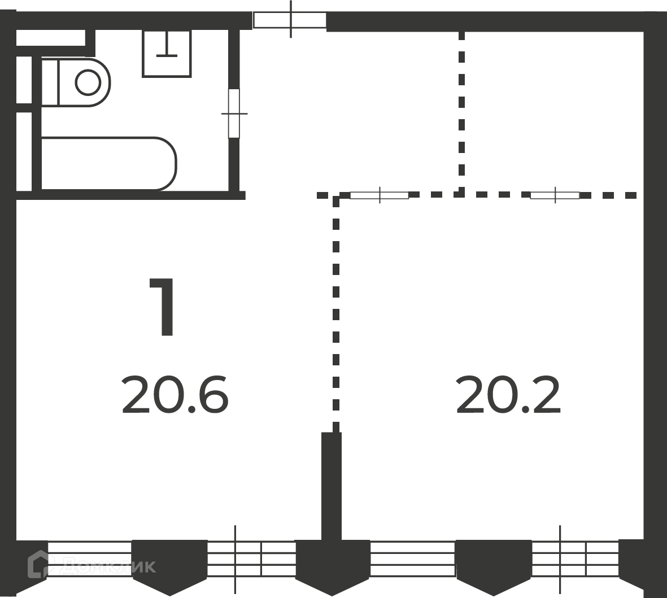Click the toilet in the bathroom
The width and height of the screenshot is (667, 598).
click(x=76, y=82)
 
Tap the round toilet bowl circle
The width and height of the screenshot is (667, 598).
click(x=88, y=82)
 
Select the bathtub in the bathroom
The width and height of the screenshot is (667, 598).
click(x=108, y=163)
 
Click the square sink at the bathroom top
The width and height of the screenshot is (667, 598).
click(x=166, y=53)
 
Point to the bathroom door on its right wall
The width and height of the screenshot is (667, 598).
click(x=234, y=113)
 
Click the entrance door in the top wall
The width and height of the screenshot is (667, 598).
click(x=290, y=20)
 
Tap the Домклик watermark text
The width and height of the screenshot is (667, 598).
click(x=109, y=566)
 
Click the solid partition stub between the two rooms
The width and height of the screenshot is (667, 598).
click(x=331, y=486)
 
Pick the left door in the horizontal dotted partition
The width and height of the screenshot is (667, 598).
click(x=380, y=195)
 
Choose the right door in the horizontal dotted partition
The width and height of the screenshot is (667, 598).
click(x=555, y=195)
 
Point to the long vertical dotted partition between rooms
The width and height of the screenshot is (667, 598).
click(x=336, y=313)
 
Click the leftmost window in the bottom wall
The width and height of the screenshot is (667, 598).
click(x=89, y=558)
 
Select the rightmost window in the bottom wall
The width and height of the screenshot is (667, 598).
click(x=576, y=559)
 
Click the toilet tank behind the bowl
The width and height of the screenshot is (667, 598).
click(x=49, y=82)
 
